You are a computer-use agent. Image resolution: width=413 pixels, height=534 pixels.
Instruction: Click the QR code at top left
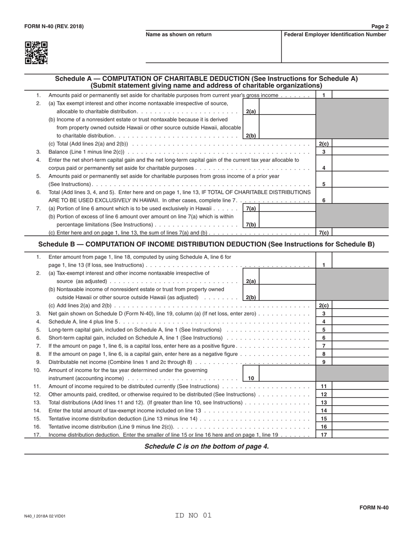tap(36, 53)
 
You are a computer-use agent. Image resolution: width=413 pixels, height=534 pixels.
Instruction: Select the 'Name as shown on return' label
tap(179, 35)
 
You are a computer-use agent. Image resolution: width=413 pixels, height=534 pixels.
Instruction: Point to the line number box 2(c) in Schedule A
tap(323, 144)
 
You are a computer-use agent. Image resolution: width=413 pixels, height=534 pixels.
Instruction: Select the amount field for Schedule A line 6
tap(360, 196)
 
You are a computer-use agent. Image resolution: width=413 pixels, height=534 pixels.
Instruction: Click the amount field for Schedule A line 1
tap(360, 95)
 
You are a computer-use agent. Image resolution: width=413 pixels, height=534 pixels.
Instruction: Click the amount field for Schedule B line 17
tap(360, 435)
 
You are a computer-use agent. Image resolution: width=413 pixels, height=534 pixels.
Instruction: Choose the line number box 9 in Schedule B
tap(323, 362)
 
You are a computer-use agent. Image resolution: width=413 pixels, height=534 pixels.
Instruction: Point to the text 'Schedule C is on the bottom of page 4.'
tap(206, 446)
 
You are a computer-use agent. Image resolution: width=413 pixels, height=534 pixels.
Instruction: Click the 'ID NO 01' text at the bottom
tap(193, 516)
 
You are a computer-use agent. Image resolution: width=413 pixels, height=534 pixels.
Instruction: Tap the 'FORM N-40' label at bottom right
tap(374, 508)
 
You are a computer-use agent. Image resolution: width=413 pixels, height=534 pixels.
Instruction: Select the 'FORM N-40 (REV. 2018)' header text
tap(54, 26)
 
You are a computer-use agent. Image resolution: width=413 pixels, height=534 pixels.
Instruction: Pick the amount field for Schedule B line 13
tap(360, 402)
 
